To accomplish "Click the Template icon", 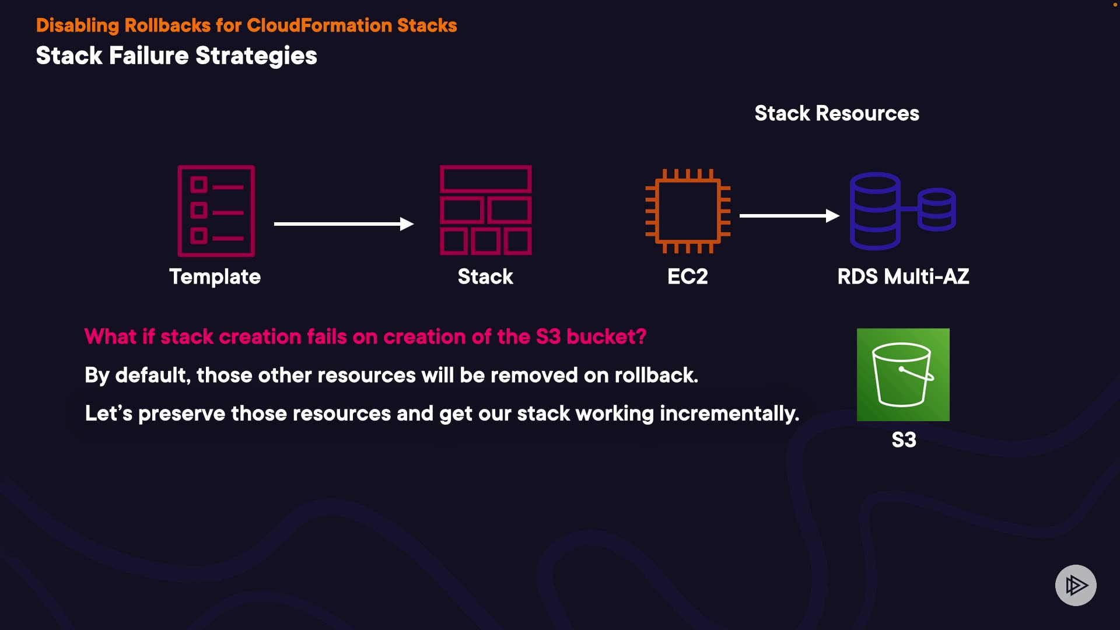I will click(x=216, y=211).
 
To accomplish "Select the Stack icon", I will click(x=485, y=211).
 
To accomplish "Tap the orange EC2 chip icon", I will click(x=688, y=211).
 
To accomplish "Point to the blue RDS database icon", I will click(x=902, y=211).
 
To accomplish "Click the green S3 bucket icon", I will click(x=903, y=374).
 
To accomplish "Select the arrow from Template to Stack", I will click(x=344, y=224).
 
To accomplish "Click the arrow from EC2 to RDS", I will click(x=789, y=216).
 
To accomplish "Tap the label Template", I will click(x=215, y=276).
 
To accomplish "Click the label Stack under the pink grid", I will click(x=485, y=276).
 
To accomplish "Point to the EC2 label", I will click(x=688, y=276).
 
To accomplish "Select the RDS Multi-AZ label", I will click(x=903, y=276).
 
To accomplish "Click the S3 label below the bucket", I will click(x=904, y=440).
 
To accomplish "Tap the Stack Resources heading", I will click(x=836, y=113).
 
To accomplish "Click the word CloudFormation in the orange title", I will click(x=319, y=26).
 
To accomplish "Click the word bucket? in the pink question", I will click(x=606, y=337).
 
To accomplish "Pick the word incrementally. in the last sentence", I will click(x=729, y=414).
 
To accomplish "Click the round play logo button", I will click(x=1076, y=585).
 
